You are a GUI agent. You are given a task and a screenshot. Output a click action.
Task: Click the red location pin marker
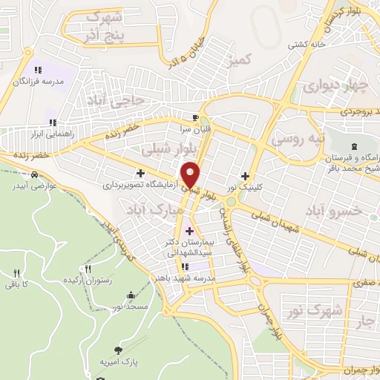coord(191,174)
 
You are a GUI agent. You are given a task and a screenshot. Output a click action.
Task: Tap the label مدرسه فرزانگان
coord(38,80)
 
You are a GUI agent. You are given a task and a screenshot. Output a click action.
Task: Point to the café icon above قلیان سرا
coord(195,117)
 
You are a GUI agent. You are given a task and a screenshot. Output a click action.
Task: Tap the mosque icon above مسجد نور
coord(131,295)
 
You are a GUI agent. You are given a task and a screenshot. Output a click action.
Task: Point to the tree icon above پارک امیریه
coord(119,350)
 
